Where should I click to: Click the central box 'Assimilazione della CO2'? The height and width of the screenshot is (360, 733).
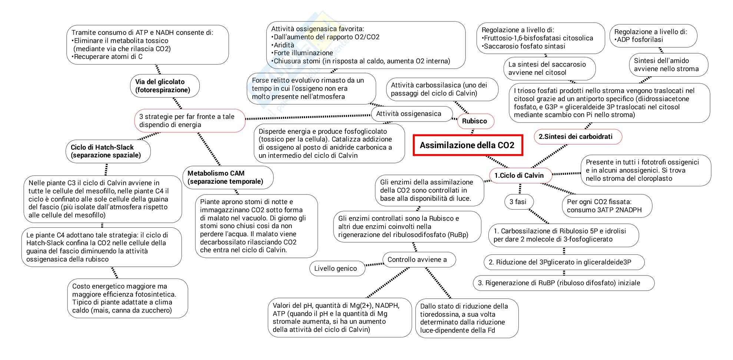click(468, 145)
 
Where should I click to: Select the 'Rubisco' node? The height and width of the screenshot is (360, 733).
click(474, 121)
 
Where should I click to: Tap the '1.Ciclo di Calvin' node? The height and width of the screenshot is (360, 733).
click(519, 176)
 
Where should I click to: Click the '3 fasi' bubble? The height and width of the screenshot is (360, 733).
click(518, 202)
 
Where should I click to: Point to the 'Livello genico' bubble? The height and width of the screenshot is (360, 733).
click(336, 269)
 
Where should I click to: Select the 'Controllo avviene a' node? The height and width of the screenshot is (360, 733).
click(418, 260)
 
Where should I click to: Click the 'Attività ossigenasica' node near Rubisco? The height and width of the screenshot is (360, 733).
click(409, 114)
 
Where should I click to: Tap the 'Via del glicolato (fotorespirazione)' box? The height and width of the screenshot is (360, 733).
click(164, 86)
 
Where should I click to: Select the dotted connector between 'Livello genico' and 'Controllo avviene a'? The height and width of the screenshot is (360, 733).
click(374, 264)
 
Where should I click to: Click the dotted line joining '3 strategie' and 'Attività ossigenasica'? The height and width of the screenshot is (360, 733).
click(308, 117)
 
